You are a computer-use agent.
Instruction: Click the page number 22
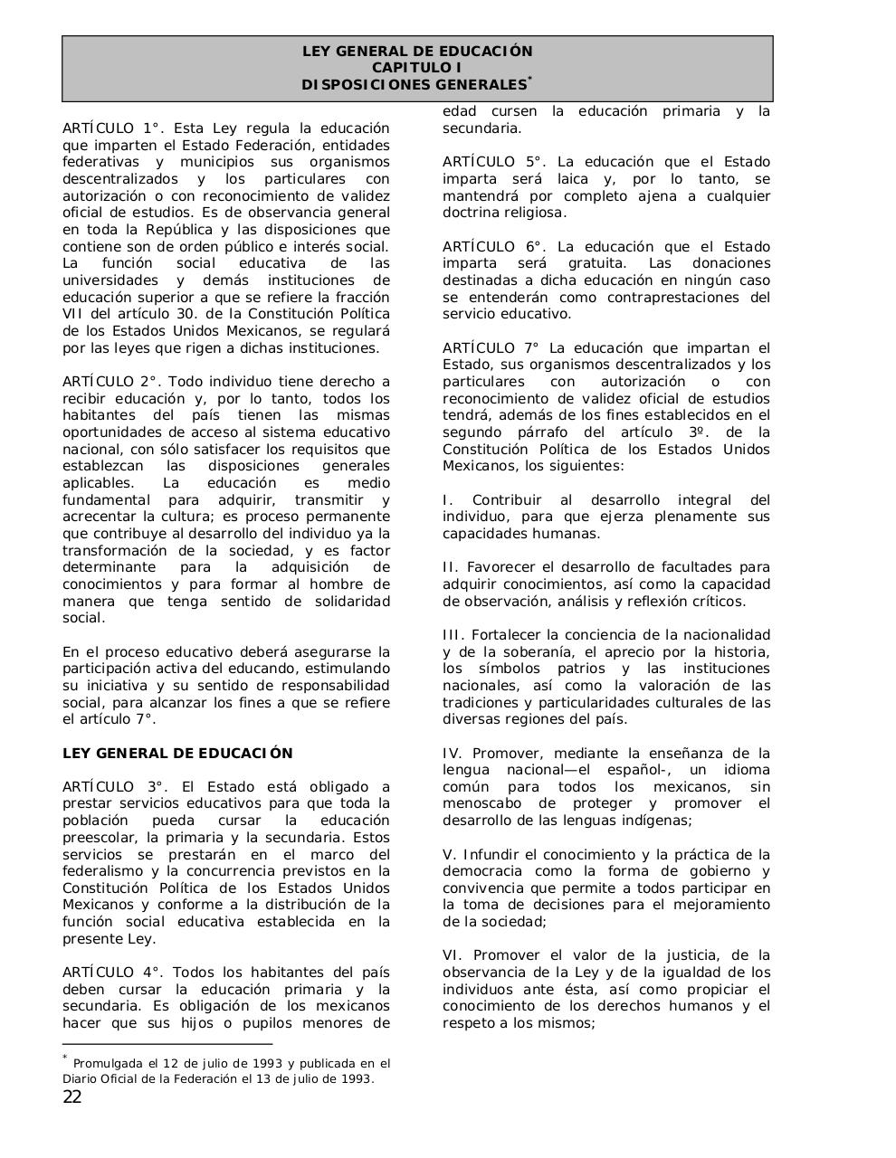pyautogui.click(x=72, y=1097)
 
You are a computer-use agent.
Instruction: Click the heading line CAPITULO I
pyautogui.click(x=417, y=68)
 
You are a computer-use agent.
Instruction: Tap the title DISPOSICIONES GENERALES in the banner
pyautogui.click(x=414, y=85)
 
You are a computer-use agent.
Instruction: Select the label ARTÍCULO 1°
pyautogui.click(x=113, y=128)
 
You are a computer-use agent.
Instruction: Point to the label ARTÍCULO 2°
pyautogui.click(x=113, y=382)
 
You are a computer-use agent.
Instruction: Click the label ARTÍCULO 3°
pyautogui.click(x=113, y=787)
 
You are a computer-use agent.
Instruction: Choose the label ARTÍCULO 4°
pyautogui.click(x=113, y=973)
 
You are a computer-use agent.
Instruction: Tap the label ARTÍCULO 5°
pyautogui.click(x=494, y=162)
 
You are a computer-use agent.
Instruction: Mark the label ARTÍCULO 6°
pyautogui.click(x=494, y=247)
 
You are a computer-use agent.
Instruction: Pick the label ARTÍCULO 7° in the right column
pyautogui.click(x=491, y=348)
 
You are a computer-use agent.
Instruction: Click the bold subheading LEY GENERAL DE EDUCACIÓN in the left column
pyautogui.click(x=177, y=754)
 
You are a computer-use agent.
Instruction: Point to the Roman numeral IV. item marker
pyautogui.click(x=453, y=754)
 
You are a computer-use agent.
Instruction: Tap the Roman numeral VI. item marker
pyautogui.click(x=454, y=955)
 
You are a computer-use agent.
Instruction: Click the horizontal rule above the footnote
pyautogui.click(x=167, y=1043)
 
